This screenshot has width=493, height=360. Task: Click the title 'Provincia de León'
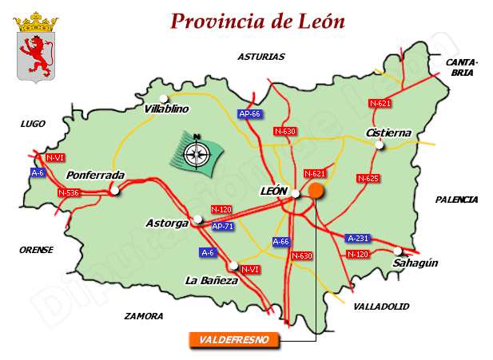tap(257, 21)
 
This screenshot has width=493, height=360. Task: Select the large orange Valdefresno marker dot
tap(316, 190)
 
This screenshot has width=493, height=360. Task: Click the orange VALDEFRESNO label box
tap(234, 340)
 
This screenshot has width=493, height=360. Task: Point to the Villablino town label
tap(166, 109)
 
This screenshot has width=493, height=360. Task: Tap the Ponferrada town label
tap(96, 175)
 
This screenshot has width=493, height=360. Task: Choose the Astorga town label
tap(167, 223)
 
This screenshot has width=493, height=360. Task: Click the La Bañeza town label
tap(211, 280)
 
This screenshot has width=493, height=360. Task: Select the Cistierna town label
tap(388, 133)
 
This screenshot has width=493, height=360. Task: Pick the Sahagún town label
tap(415, 263)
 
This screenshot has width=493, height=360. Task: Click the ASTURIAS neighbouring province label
tap(260, 57)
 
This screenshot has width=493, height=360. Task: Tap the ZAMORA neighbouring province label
tap(144, 316)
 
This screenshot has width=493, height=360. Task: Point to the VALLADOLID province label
tap(381, 307)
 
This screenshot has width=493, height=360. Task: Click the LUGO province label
tap(33, 124)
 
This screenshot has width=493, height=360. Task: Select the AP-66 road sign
tap(250, 114)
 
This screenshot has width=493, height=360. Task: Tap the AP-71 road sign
tap(223, 227)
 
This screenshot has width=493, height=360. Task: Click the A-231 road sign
tap(357, 238)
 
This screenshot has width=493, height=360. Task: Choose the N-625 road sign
tap(368, 178)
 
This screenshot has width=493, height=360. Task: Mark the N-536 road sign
tap(69, 193)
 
